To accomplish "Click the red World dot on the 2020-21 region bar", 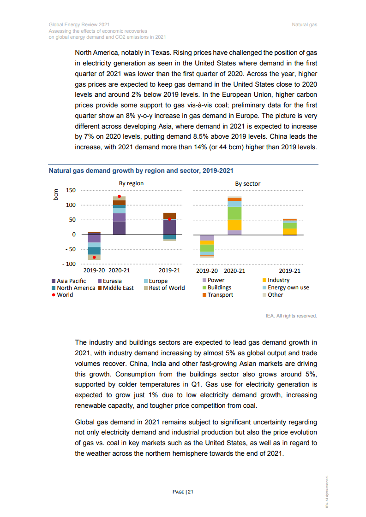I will tap(119, 196).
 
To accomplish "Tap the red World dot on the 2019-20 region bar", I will tap(94, 257).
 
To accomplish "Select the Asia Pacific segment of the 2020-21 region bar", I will tap(119, 228).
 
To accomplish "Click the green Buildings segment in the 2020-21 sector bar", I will tap(234, 213).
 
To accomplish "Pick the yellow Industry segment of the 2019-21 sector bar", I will tap(290, 232).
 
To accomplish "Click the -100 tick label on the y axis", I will tap(69, 264).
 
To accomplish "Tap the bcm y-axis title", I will tap(55, 194).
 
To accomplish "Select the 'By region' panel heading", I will tap(131, 183).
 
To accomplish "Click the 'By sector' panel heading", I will tap(247, 184).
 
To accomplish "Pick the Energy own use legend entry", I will tap(288, 288).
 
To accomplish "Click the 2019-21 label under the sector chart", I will tap(289, 271).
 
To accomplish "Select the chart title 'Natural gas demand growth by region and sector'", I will tap(141, 170).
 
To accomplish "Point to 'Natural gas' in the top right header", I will tap(304, 24).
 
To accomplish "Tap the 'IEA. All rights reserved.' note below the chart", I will tap(291, 316).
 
